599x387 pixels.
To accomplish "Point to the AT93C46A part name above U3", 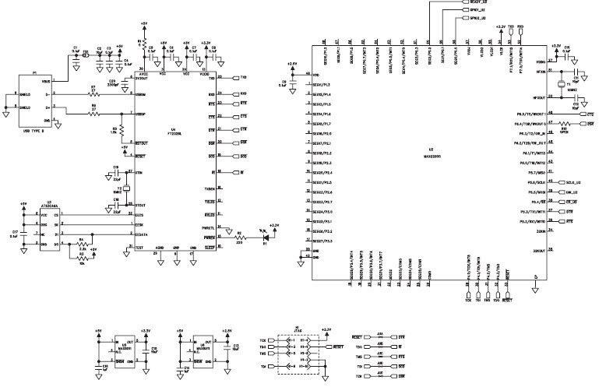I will click(49, 205).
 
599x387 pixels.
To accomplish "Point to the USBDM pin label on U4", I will click(140, 94).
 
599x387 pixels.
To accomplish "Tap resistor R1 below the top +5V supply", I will click(140, 40).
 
